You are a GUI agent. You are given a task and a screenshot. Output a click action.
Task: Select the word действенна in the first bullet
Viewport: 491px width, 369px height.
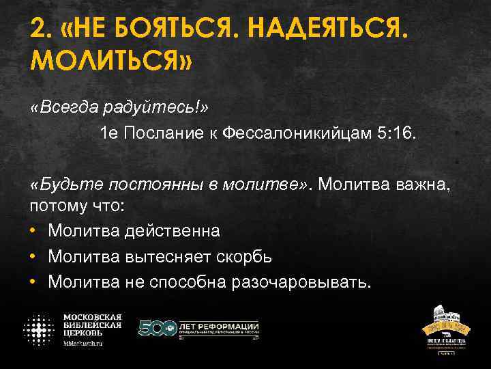click(173, 230)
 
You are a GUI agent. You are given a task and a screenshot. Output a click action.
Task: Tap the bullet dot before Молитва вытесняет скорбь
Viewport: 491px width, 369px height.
click(34, 257)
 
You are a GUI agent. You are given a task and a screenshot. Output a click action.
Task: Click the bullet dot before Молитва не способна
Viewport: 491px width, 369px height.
click(34, 282)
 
